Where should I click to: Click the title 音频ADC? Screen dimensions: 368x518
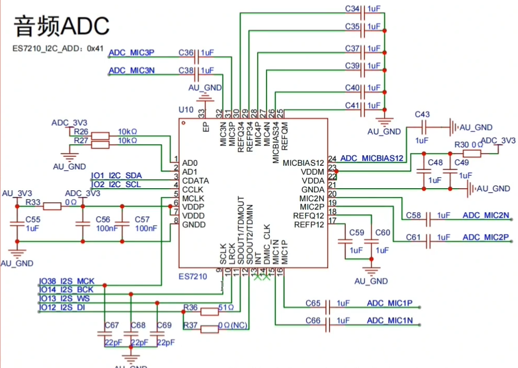[61, 26]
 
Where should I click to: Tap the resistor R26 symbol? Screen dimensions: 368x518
[100, 136]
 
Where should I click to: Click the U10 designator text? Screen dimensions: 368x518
[185, 110]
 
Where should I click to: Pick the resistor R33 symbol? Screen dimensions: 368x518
[52, 206]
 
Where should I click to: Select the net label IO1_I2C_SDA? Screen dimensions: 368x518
[117, 176]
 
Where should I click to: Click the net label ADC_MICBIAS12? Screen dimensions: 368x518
[372, 158]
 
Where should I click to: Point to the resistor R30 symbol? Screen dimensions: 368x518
[472, 153]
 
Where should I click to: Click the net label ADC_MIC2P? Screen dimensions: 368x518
[485, 237]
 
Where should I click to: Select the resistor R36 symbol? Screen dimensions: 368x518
[209, 312]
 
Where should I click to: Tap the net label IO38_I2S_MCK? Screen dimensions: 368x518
[67, 281]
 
